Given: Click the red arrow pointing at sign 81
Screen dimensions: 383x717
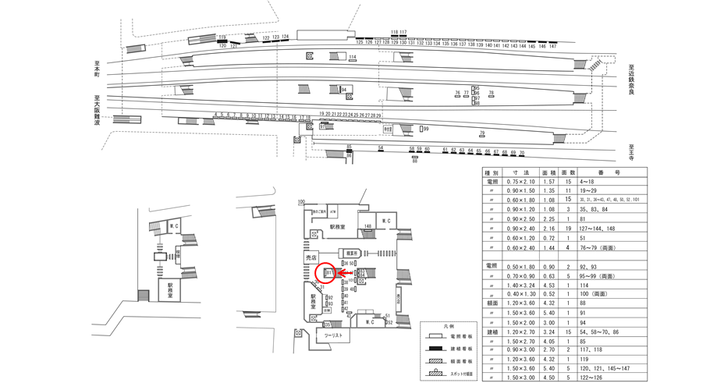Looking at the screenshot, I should click(342, 274).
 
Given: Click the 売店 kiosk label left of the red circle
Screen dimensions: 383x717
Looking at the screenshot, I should click(311, 257).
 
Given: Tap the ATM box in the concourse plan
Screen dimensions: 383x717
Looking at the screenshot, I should click(332, 211).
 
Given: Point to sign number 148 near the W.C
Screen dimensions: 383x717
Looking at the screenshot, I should click(367, 227).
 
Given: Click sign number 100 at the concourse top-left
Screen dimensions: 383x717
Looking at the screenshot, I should click(301, 201).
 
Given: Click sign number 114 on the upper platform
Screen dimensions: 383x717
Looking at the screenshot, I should click(352, 58).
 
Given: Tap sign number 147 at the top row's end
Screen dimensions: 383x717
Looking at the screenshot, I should click(552, 47).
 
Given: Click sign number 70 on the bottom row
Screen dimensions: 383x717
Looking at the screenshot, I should click(522, 153).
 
